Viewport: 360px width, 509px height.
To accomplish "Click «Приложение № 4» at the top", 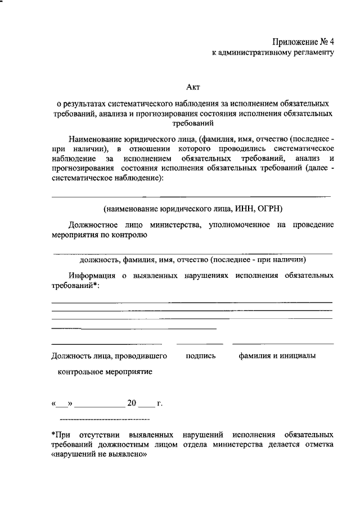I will [304, 42].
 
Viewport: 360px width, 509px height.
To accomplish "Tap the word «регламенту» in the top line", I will [312, 53].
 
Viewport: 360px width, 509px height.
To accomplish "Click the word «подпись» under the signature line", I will [200, 355].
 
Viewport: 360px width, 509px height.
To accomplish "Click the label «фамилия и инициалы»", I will [276, 355].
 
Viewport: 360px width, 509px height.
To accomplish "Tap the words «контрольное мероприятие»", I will [105, 372].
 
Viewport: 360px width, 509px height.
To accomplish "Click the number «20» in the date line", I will [132, 403].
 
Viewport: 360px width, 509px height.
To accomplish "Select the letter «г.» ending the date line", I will [160, 403].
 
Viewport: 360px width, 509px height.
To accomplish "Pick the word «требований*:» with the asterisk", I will [75, 286].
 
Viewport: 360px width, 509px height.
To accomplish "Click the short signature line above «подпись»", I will [200, 343].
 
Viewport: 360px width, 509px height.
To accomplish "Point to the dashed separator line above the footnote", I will [105, 420].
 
